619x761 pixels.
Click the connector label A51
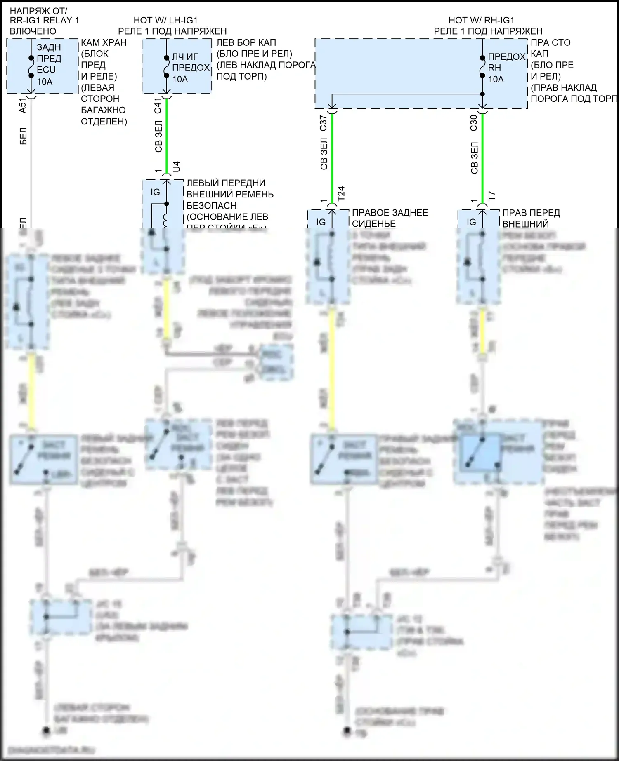pos(23,106)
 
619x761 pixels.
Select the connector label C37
pos(324,123)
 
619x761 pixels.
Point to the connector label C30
pos(474,123)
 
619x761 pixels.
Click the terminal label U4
pos(176,167)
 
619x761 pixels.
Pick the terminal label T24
pos(341,194)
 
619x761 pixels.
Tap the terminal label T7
pos(491,196)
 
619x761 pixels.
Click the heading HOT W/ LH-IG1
pos(165,20)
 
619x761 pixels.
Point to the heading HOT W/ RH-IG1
pos(481,20)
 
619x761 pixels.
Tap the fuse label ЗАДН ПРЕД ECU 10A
pos(49,64)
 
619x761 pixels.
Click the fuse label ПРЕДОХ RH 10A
pos(506,68)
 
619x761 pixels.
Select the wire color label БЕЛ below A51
pos(23,136)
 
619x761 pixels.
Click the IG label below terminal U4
pos(155,192)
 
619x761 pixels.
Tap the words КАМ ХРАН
pos(104,42)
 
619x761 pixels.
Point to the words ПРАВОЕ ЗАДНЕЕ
pos(390,213)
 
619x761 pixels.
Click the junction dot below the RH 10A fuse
pos(482,94)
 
